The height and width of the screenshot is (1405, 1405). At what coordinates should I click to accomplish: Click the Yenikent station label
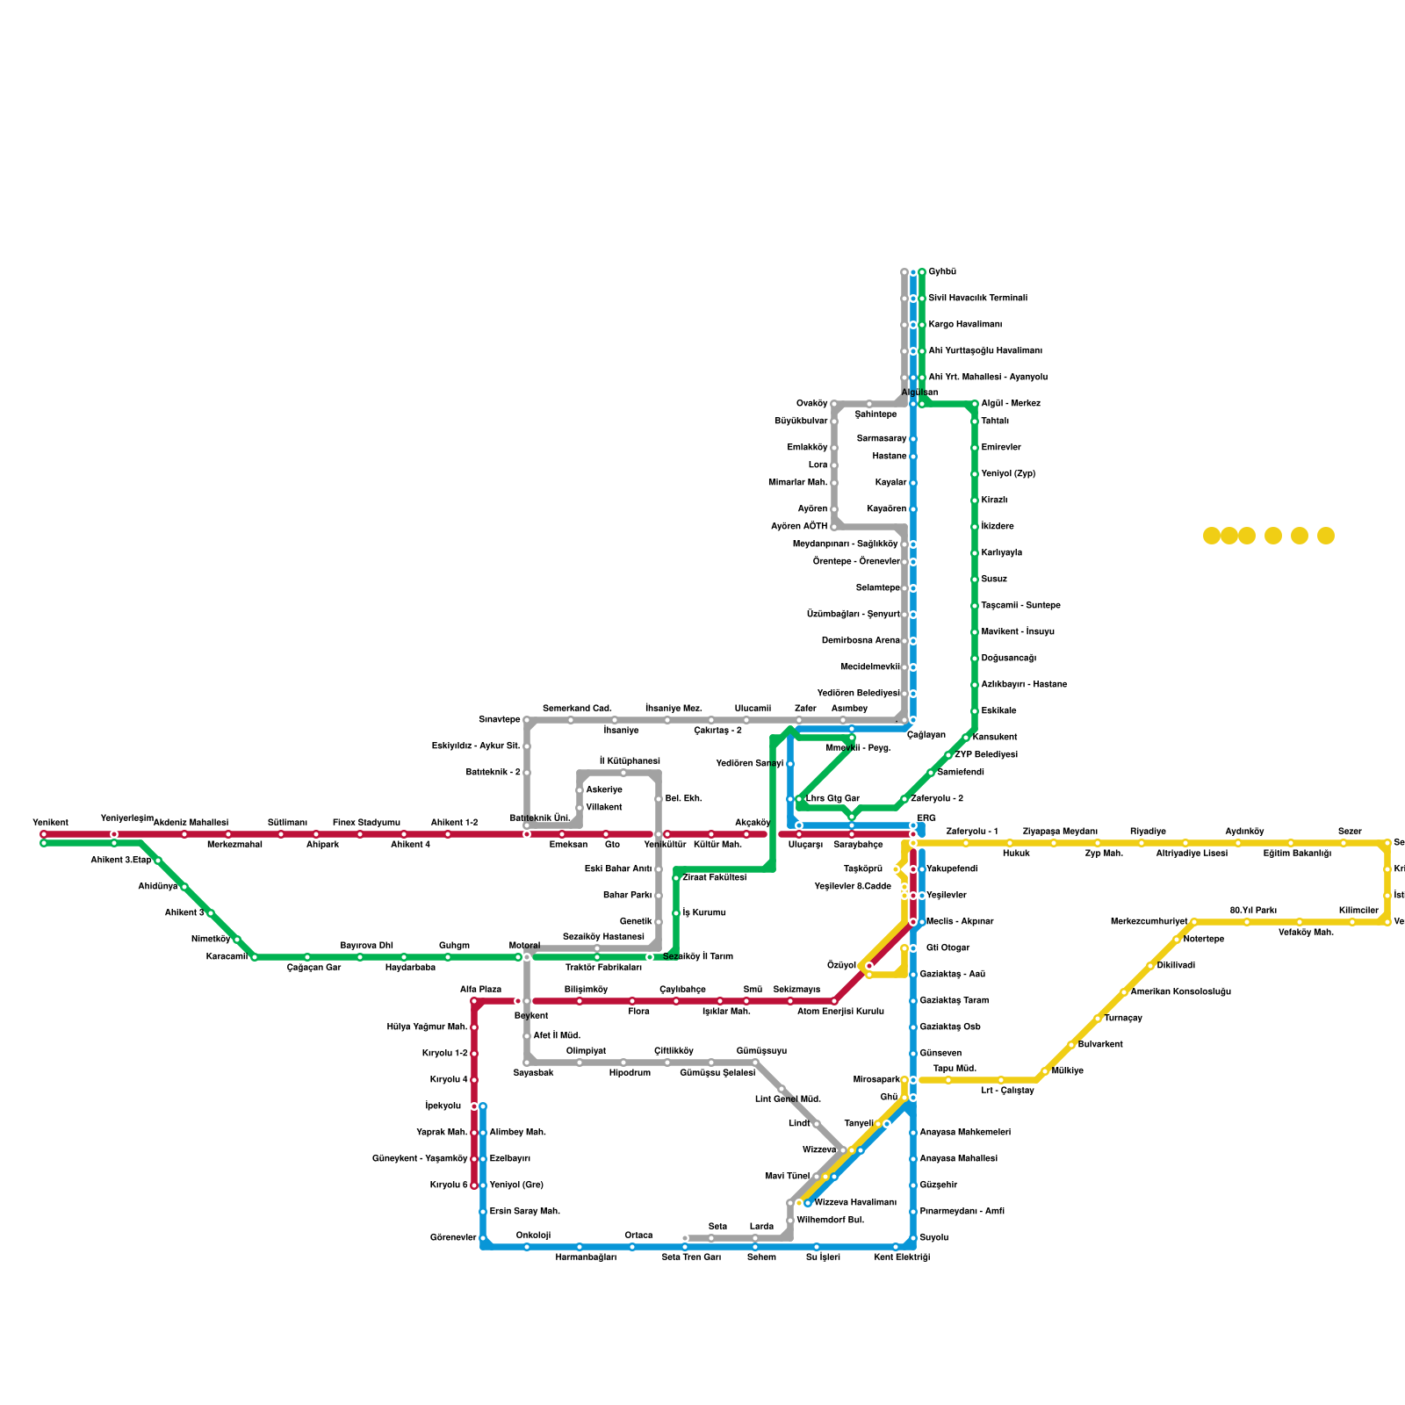[50, 823]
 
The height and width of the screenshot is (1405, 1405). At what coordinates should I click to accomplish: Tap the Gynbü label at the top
[942, 272]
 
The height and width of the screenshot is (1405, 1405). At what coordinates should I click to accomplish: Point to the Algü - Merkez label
[1011, 404]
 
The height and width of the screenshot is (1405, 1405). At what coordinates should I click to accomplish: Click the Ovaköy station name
[811, 404]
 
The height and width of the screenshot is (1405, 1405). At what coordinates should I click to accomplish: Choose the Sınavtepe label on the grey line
[499, 720]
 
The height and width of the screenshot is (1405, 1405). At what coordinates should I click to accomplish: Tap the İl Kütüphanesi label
[630, 760]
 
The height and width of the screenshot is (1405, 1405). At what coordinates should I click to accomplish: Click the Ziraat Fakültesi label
[714, 878]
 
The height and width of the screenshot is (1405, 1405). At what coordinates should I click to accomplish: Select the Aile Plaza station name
[480, 990]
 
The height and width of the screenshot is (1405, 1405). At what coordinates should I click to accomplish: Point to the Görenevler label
[453, 1238]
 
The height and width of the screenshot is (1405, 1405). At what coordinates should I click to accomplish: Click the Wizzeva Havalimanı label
[855, 1203]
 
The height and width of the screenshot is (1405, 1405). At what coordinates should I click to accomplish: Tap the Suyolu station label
[933, 1238]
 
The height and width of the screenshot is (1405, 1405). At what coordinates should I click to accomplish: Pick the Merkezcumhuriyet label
[1149, 922]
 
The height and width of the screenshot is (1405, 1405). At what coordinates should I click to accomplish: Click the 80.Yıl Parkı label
[1253, 911]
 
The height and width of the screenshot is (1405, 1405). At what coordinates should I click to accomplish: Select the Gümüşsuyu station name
[761, 1051]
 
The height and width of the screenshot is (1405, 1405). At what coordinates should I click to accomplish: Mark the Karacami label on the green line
[227, 957]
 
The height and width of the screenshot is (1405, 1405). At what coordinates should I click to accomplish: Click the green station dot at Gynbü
[922, 272]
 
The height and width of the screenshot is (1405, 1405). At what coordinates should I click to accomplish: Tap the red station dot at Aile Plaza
[474, 1001]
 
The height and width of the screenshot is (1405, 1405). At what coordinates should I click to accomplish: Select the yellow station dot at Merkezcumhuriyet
[1194, 922]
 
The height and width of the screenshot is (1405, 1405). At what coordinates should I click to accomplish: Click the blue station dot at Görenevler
[483, 1238]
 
